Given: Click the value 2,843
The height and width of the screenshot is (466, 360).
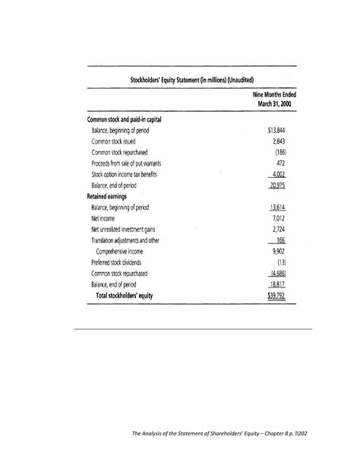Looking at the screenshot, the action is [x=278, y=141].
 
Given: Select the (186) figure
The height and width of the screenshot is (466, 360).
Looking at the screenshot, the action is [x=279, y=152].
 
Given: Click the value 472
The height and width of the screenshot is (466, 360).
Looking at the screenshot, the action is [x=280, y=163].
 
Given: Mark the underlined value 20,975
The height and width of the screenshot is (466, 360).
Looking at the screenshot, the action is [x=276, y=185].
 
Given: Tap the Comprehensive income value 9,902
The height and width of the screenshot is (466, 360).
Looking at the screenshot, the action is [x=278, y=251].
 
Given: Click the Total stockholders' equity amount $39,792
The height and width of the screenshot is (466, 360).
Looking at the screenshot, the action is [x=276, y=296].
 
